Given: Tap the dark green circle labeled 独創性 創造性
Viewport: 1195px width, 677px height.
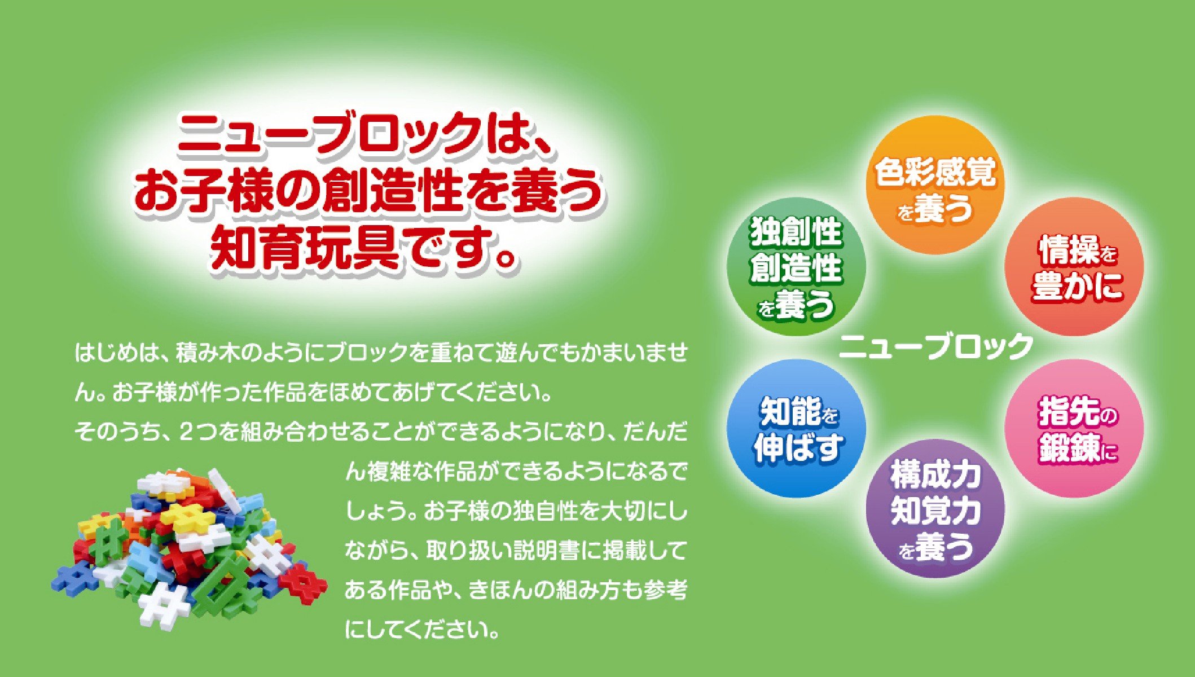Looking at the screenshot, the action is pyautogui.click(x=796, y=267).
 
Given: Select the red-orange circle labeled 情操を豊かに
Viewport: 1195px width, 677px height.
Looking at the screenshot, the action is pyautogui.click(x=1074, y=267).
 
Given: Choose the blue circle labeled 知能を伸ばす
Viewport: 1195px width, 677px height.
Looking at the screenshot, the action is pyautogui.click(x=796, y=429).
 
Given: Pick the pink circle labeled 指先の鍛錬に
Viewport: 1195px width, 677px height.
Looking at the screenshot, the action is pyautogui.click(x=1074, y=429).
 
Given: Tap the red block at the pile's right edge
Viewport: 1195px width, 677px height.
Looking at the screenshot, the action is pyautogui.click(x=303, y=583).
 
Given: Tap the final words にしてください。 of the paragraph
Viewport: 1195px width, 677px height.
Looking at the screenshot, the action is pyautogui.click(x=423, y=630).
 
